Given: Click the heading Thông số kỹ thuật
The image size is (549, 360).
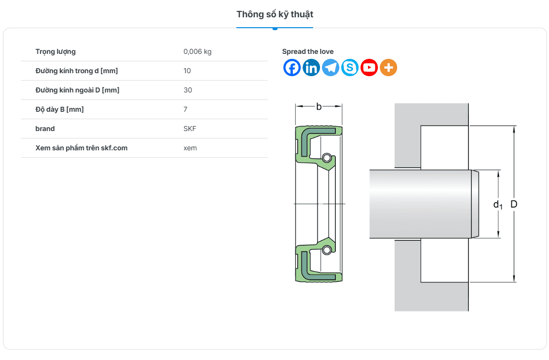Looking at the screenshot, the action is click(274, 14).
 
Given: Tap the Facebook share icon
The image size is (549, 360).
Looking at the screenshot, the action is click(292, 68).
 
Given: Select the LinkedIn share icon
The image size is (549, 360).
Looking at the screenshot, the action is click(311, 68).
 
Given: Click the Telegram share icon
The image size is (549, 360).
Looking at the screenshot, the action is click(330, 68).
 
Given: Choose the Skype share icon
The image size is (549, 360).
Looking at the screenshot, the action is click(350, 68).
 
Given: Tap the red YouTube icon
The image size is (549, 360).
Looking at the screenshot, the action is click(369, 68).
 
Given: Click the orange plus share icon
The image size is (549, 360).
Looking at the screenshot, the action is click(388, 68).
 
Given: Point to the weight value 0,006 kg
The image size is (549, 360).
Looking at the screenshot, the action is click(197, 51).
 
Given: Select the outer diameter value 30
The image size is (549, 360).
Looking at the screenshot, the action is click(187, 90).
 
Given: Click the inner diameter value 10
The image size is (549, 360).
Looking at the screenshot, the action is click(187, 71).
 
